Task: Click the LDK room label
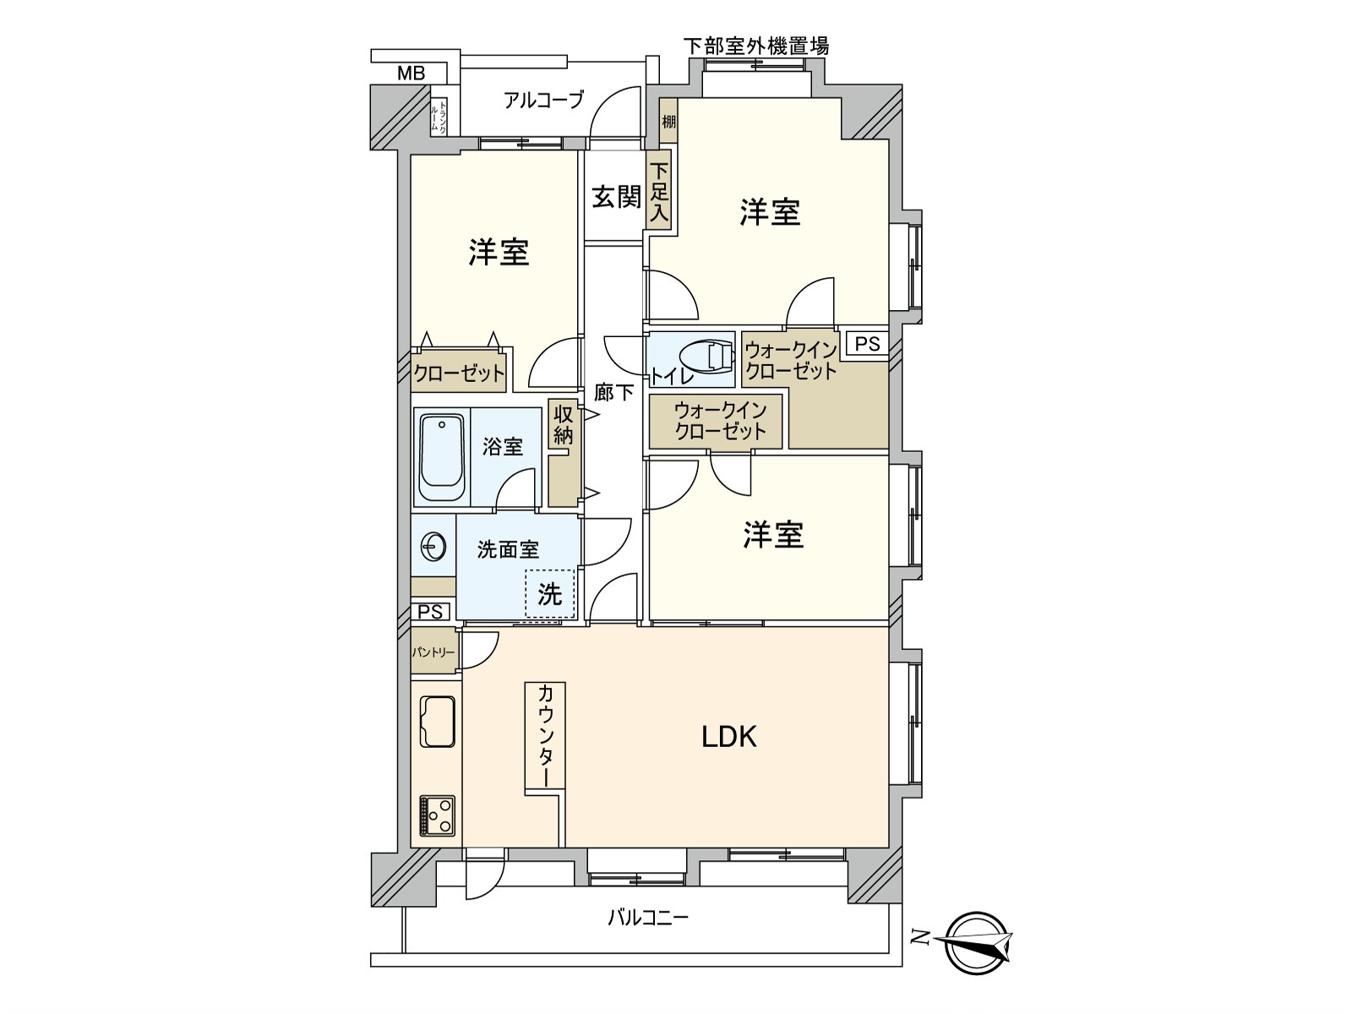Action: pyautogui.click(x=729, y=737)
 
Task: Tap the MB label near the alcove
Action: pyautogui.click(x=412, y=74)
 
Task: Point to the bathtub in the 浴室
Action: pyautogui.click(x=441, y=456)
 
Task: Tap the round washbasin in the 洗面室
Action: pyautogui.click(x=433, y=548)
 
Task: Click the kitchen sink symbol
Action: pyautogui.click(x=437, y=721)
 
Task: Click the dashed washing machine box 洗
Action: pyautogui.click(x=549, y=593)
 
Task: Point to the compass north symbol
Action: pyautogui.click(x=977, y=941)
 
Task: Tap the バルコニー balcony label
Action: pyautogui.click(x=648, y=917)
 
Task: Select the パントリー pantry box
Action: pyautogui.click(x=433, y=651)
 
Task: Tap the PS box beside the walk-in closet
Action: pyautogui.click(x=867, y=344)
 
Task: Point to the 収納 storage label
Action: pyautogui.click(x=563, y=425)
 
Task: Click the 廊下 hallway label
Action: pyautogui.click(x=613, y=392)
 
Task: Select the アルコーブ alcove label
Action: pyautogui.click(x=543, y=100)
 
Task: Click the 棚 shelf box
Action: pyautogui.click(x=668, y=123)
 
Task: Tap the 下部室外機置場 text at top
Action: pyautogui.click(x=755, y=46)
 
